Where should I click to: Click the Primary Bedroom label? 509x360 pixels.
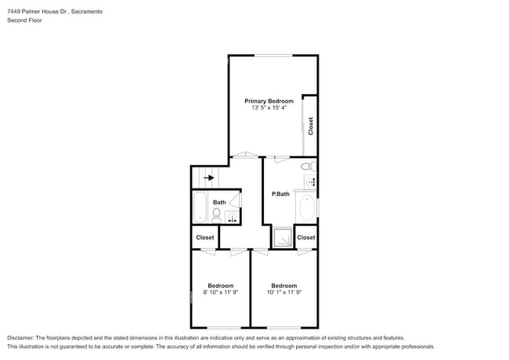click(269, 101)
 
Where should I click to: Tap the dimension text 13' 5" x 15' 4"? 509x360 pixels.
click(269, 108)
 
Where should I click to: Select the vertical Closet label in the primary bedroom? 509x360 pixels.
click(311, 125)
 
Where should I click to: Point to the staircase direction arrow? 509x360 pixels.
click(208, 178)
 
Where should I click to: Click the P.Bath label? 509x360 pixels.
click(280, 194)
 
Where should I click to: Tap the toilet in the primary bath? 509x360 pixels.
click(307, 167)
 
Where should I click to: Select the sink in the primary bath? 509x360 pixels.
click(311, 182)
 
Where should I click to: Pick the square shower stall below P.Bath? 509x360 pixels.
click(282, 237)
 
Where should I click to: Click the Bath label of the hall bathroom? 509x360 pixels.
click(219, 203)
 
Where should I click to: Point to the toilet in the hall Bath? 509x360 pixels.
click(217, 213)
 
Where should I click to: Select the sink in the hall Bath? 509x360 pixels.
click(232, 218)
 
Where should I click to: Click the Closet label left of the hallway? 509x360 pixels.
click(205, 237)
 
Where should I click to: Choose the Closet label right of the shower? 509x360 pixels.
click(306, 237)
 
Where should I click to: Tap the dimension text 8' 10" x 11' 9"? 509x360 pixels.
click(220, 293)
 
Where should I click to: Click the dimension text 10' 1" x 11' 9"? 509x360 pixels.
click(283, 293)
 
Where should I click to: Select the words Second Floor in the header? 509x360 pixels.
click(24, 20)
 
